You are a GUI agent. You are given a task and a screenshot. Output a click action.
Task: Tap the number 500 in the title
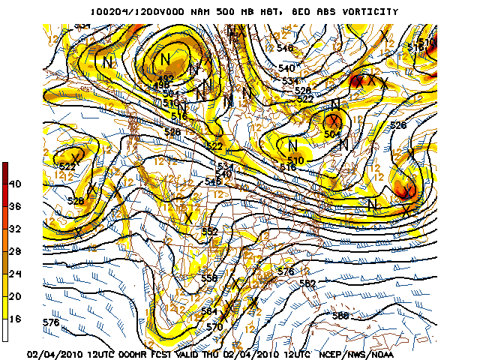coord(215,12)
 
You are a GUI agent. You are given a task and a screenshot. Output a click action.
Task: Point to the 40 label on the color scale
coord(13,184)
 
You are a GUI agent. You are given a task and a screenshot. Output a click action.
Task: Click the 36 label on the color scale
coord(13,206)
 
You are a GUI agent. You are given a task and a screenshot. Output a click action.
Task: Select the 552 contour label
coord(210,232)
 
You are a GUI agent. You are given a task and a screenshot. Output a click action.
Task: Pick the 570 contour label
coord(214,327)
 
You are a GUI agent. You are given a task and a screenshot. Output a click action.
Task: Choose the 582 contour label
coord(307,283)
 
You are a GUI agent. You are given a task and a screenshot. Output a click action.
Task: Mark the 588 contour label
coord(340,316)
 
